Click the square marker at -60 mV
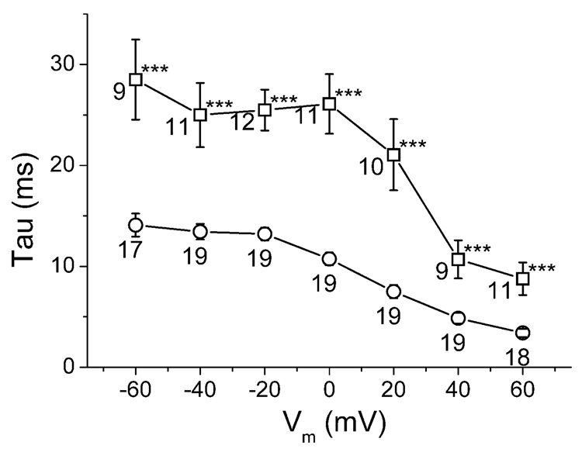pyautogui.click(x=136, y=79)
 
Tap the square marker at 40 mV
pyautogui.click(x=458, y=259)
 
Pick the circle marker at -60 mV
pyautogui.click(x=136, y=225)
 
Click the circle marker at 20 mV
pyautogui.click(x=393, y=292)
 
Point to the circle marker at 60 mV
pyautogui.click(x=522, y=333)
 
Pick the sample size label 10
pyautogui.click(x=372, y=165)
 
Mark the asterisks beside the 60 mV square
pyautogui.click(x=542, y=270)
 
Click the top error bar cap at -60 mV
pyautogui.click(x=136, y=39)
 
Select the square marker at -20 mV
pyautogui.click(x=265, y=109)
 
